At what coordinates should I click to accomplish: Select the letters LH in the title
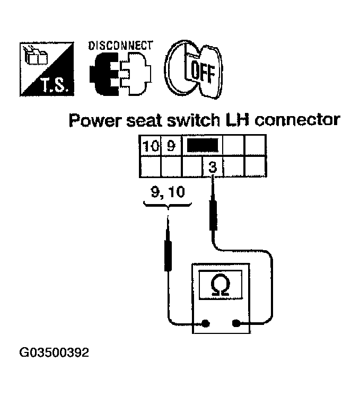(x=230, y=120)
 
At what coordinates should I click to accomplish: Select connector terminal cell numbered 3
(x=212, y=167)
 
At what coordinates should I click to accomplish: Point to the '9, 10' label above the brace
(x=167, y=192)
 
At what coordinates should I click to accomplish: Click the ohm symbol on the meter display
(x=220, y=287)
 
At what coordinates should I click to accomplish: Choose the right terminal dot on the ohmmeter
(x=236, y=323)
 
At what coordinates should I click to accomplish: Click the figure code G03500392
(x=54, y=352)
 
